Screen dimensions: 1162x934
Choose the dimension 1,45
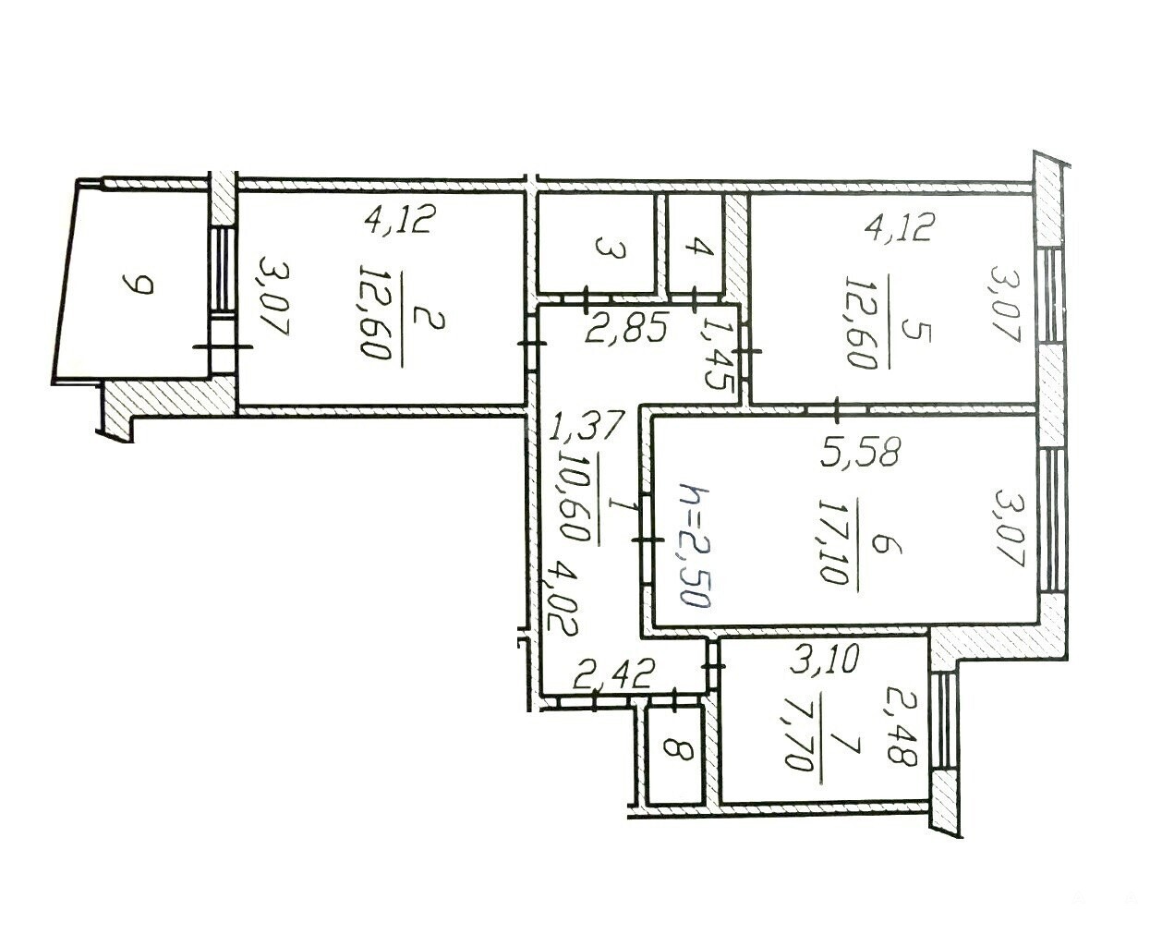[x=718, y=357]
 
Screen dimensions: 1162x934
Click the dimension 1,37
[x=587, y=425]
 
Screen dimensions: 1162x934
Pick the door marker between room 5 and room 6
[x=838, y=410]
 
